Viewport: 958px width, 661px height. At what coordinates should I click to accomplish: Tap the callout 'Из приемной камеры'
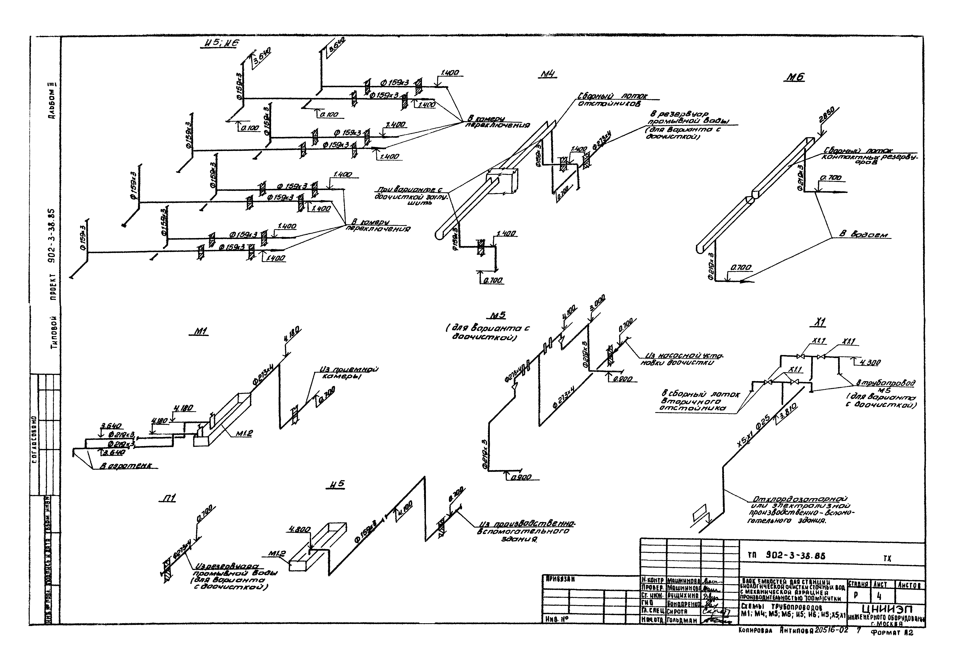[348, 373]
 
